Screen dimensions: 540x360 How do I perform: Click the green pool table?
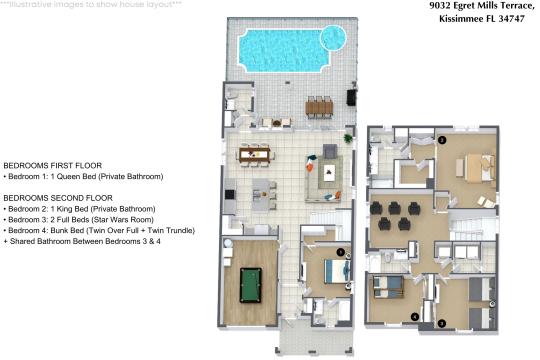click(250, 286)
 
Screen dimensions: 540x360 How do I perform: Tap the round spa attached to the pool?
click(333, 38)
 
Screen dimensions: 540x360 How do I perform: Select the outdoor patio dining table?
click(319, 107)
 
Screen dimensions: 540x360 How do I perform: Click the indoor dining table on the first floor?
click(255, 154)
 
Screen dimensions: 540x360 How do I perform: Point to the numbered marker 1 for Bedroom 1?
click(340, 253)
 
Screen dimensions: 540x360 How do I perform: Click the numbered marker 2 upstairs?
click(442, 140)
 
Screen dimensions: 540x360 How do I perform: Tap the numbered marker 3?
click(442, 323)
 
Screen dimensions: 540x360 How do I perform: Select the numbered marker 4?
click(415, 317)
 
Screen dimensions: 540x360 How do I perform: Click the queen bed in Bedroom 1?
click(337, 271)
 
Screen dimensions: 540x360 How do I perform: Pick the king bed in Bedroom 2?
click(479, 167)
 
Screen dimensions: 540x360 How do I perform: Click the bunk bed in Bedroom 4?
click(388, 287)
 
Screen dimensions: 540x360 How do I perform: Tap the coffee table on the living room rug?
click(330, 171)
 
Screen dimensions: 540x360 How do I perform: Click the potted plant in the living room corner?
click(348, 138)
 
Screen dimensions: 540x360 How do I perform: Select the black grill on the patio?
click(352, 97)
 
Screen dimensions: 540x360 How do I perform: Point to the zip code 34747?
click(512, 19)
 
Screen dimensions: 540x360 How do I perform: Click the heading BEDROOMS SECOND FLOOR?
click(58, 198)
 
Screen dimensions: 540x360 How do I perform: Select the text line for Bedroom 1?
click(83, 176)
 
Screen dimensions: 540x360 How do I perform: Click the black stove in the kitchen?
click(230, 194)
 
